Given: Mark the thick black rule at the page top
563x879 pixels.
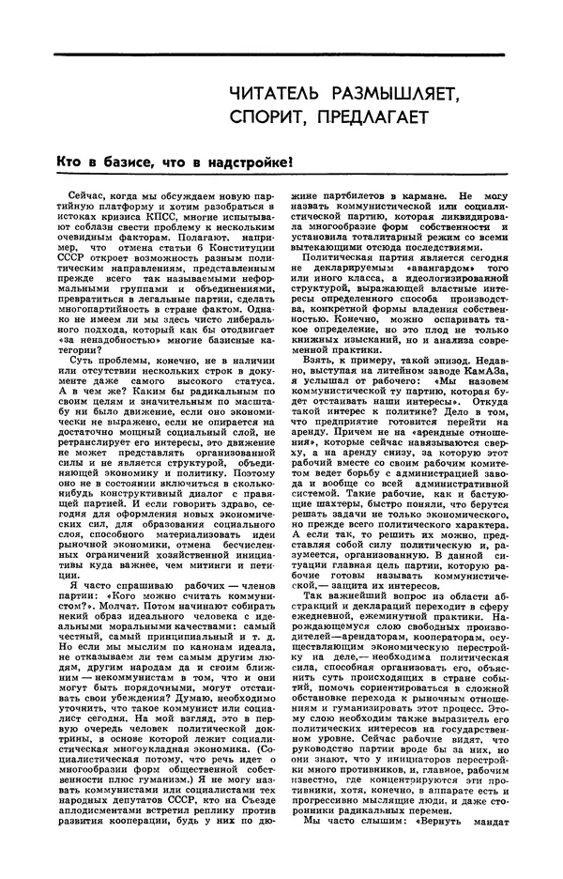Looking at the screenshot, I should [281, 54].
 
